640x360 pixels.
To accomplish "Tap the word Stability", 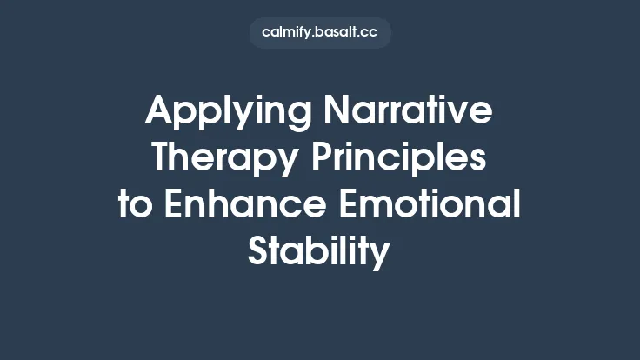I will click(319, 251).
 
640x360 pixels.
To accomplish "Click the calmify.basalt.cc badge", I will click(320, 33).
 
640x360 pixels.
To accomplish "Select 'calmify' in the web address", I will click(284, 33).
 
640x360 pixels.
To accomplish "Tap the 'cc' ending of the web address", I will click(370, 33).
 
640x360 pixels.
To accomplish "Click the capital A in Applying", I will click(159, 111).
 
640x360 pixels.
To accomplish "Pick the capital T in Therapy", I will click(163, 157).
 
